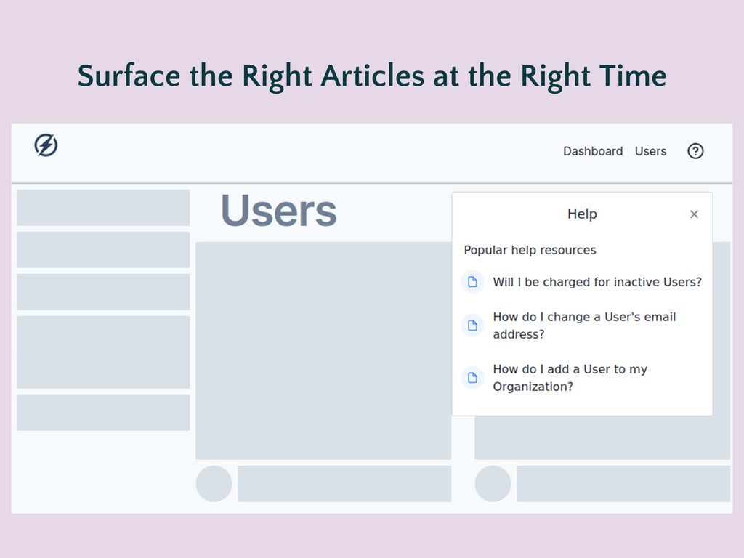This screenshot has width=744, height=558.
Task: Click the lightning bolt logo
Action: pyautogui.click(x=46, y=145)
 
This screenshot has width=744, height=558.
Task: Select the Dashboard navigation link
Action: pyautogui.click(x=593, y=151)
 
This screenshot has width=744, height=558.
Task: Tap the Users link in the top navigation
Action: pyautogui.click(x=650, y=151)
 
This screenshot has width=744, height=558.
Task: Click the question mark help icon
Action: pyautogui.click(x=695, y=151)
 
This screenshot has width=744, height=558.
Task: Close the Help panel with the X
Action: pyautogui.click(x=694, y=214)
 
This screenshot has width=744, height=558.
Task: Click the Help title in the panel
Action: pyautogui.click(x=582, y=214)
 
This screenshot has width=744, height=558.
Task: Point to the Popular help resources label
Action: pyautogui.click(x=530, y=250)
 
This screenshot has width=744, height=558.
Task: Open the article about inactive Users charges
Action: pyautogui.click(x=597, y=282)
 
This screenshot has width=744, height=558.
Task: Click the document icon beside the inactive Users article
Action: pyautogui.click(x=473, y=282)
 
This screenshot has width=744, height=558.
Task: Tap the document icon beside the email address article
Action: pyautogui.click(x=473, y=325)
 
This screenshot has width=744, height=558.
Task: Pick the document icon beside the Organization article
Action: pyautogui.click(x=473, y=378)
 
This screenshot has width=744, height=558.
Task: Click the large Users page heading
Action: pyautogui.click(x=278, y=211)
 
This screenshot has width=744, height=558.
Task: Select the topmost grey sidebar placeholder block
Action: pyautogui.click(x=103, y=208)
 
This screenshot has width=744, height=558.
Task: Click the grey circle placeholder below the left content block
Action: pyautogui.click(x=214, y=484)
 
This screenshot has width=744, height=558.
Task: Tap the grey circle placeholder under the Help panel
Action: pyautogui.click(x=493, y=484)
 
